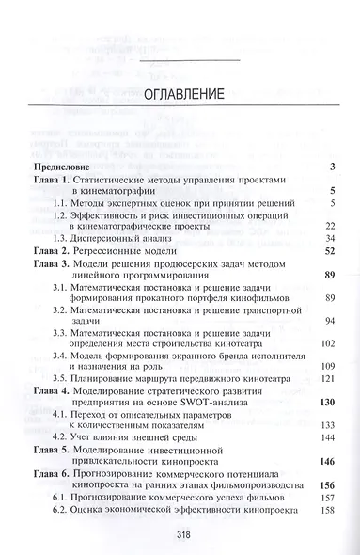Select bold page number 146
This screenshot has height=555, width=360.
click(x=327, y=461)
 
